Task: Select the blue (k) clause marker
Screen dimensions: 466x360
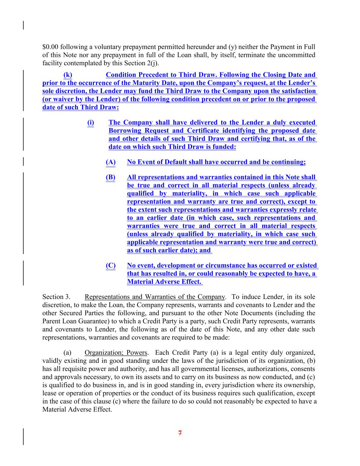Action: coord(68,75)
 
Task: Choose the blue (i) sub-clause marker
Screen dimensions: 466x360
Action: coord(91,123)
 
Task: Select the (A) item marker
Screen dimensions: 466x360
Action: coord(111,162)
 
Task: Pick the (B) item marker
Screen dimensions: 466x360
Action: coord(111,177)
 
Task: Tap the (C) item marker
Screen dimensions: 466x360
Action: coord(111,266)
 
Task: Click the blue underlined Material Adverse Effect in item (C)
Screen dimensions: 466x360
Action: coord(164,282)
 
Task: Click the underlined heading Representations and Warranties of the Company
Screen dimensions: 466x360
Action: coord(155,297)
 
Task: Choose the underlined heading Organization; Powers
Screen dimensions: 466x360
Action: coord(116,353)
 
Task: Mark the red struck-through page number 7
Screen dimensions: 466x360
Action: coord(180,434)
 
